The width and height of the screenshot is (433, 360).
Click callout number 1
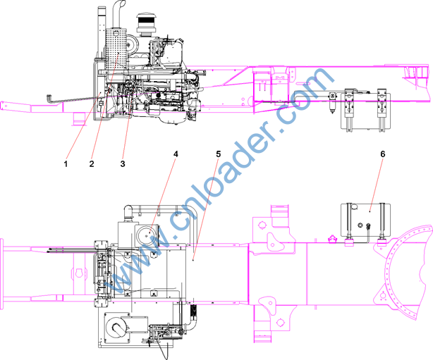point(66,164)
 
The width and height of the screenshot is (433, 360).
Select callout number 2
point(92,164)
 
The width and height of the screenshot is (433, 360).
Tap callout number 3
point(123,164)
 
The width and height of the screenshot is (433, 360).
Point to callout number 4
point(176,154)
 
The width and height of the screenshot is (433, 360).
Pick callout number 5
point(219,154)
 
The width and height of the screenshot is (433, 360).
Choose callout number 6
point(382,154)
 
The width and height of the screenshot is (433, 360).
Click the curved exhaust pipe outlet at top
point(118,14)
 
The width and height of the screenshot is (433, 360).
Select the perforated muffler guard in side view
point(116,49)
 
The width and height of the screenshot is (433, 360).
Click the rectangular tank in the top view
point(365,220)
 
